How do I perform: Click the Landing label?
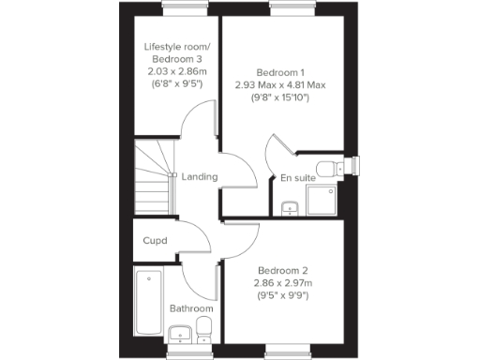click(x=200, y=176)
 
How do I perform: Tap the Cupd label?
click(x=155, y=241)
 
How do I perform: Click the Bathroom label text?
click(x=191, y=308)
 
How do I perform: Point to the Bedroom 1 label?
click(x=280, y=71)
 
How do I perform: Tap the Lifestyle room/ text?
click(x=177, y=47)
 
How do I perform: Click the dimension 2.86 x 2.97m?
click(x=281, y=282)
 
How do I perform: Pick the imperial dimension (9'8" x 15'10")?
click(x=280, y=97)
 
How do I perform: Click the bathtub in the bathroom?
click(x=148, y=303)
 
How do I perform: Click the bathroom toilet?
click(x=203, y=330)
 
